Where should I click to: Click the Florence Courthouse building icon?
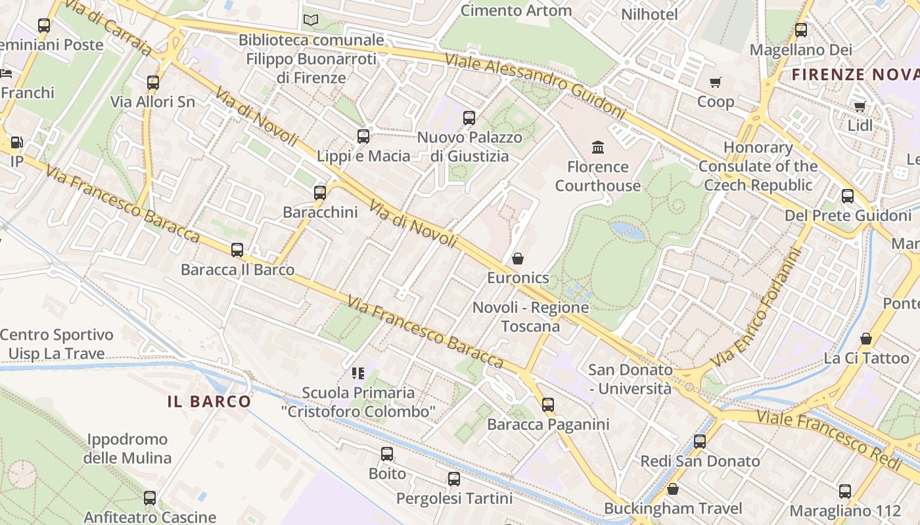(598, 146)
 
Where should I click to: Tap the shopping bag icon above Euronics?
(518, 259)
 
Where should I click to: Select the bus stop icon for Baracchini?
(320, 193)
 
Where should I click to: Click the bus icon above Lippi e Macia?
(363, 136)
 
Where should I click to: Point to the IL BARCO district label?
(209, 402)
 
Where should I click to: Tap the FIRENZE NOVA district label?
(855, 74)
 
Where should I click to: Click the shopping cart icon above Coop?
(716, 82)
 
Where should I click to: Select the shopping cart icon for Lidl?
(860, 106)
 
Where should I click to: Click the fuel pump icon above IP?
(16, 142)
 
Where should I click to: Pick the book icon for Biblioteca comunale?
(311, 20)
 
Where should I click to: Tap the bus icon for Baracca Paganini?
(548, 405)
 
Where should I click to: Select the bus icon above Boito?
(387, 453)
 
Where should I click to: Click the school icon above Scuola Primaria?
(358, 373)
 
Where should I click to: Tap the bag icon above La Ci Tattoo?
(866, 339)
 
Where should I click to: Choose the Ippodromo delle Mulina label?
(127, 448)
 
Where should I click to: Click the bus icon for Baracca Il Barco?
(237, 250)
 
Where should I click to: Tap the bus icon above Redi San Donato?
(700, 442)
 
